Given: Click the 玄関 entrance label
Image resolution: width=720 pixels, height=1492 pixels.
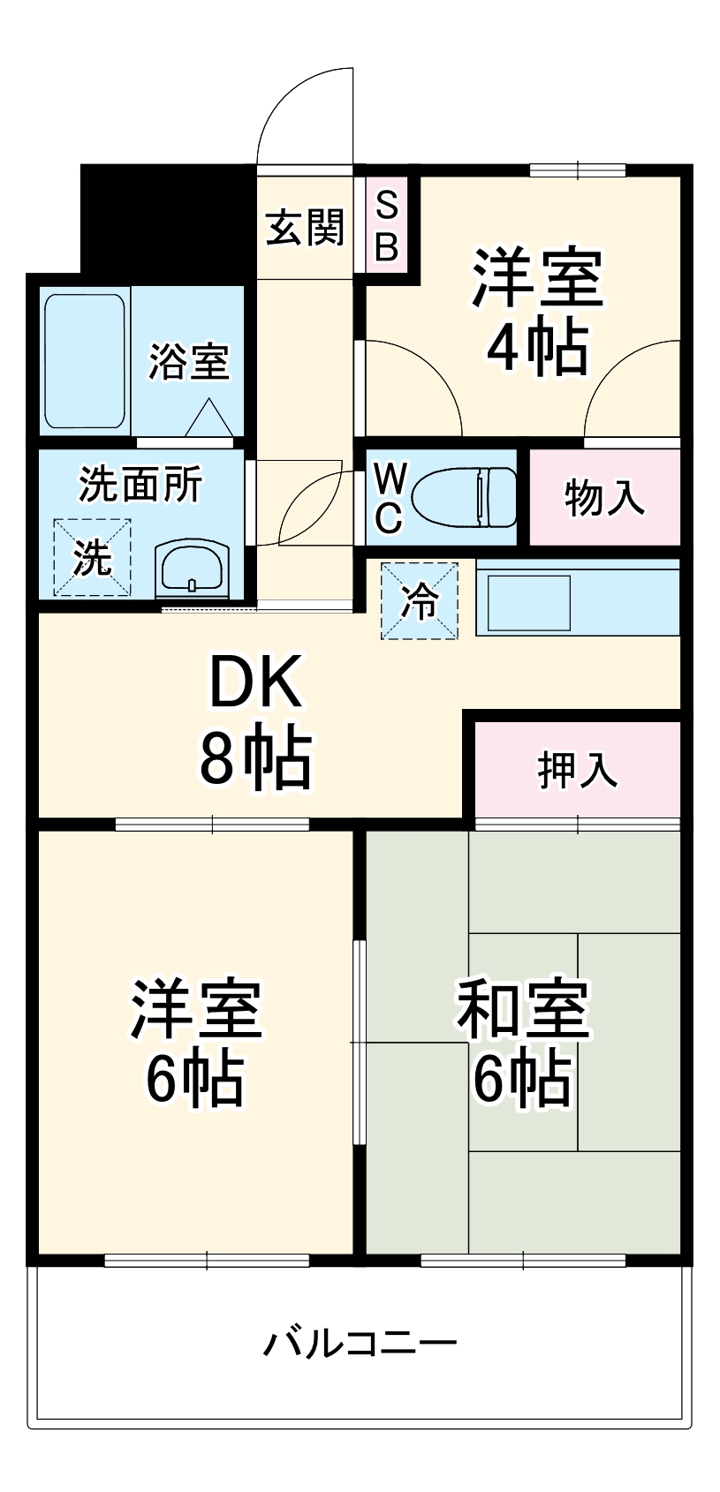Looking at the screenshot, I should point(305,228).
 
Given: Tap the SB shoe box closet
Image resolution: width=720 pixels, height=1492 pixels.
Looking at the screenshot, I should point(387,227).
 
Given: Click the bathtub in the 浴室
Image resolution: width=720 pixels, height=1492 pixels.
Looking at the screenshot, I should point(85,362).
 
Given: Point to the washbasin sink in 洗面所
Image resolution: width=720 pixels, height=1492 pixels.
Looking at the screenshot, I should point(193,569).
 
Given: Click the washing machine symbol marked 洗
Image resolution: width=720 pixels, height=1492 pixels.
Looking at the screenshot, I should point(92,557).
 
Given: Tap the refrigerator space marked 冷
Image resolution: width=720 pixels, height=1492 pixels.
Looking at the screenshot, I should point(420,601).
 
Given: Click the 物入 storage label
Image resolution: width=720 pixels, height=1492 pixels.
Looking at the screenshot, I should point(604,498).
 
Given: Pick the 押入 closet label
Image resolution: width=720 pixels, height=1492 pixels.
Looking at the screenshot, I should point(578,769).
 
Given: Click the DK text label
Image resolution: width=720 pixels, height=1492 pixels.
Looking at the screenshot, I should point(255,682).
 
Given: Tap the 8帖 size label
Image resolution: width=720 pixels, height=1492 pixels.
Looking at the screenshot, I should point(254,758).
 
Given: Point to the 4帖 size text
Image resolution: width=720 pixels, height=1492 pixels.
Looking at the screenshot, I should point(537,347).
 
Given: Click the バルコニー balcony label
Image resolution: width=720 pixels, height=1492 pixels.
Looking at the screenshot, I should point(360,1343).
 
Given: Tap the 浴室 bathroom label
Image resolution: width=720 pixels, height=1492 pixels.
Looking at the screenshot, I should point(188,361).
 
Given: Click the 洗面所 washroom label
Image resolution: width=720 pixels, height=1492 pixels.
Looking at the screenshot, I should point(140,484).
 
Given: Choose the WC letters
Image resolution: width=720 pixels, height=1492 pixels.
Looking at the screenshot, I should point(389,498).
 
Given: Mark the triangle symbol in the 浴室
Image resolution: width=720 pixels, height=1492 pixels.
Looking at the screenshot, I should point(209,418).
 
